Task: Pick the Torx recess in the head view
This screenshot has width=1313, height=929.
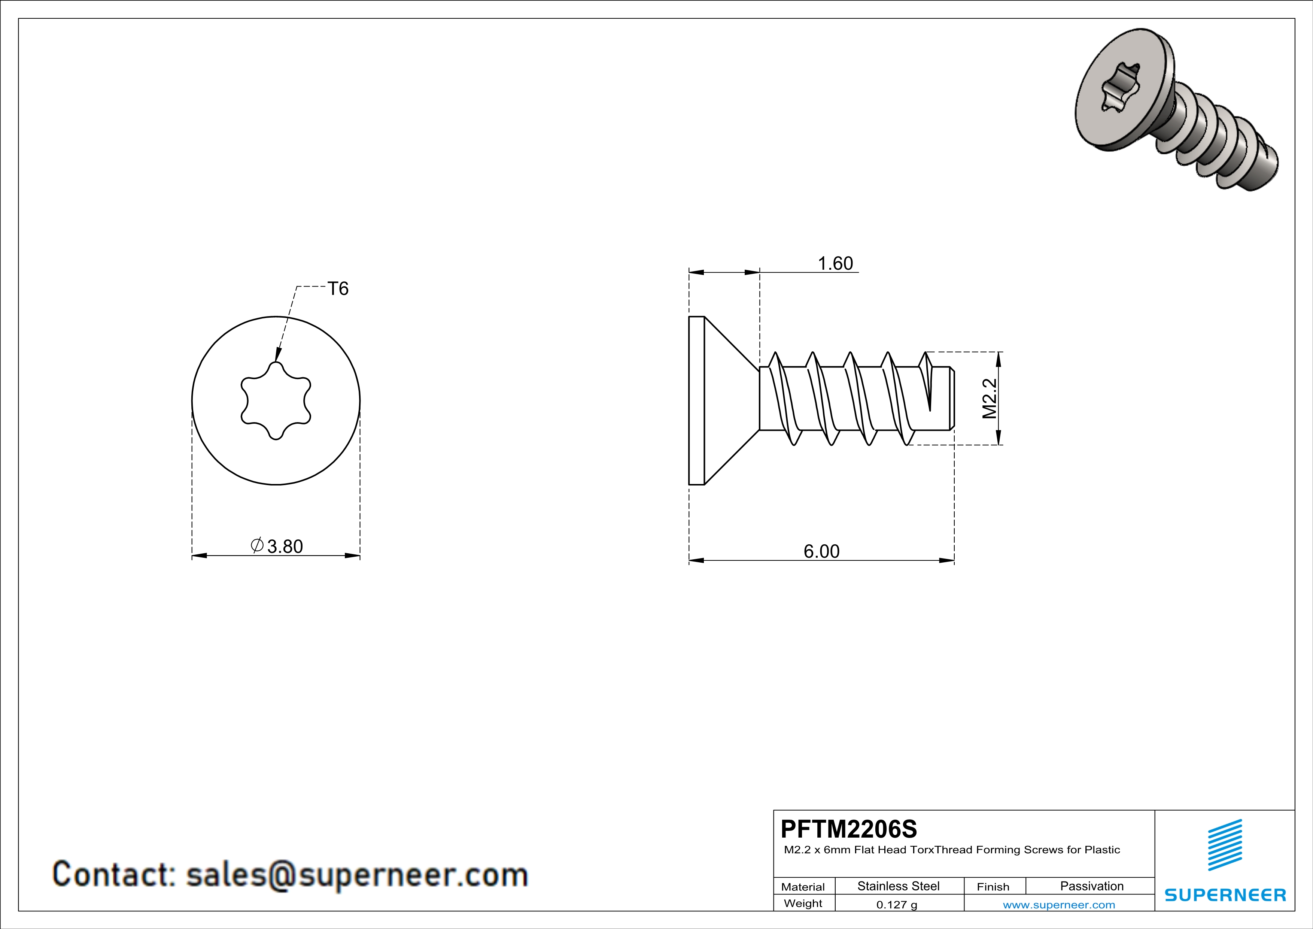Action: pos(276,400)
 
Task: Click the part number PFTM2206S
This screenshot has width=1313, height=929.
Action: pos(849,829)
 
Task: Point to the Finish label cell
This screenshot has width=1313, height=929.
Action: pos(993,887)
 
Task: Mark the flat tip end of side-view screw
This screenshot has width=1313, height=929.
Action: pos(953,398)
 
